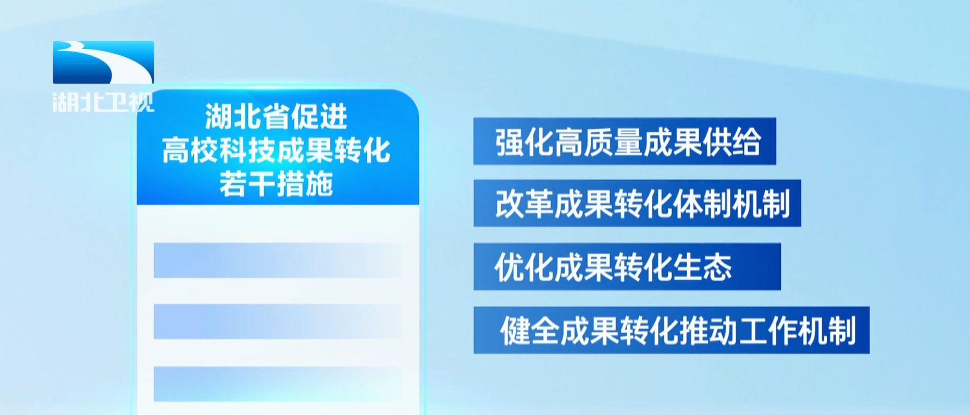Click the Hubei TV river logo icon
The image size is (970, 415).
pos(103,62)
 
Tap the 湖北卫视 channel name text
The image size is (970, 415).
pos(103,102)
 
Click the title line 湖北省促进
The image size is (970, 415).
pos(276,116)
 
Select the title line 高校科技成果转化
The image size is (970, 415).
pos(276,150)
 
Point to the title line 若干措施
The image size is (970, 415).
pos(276,184)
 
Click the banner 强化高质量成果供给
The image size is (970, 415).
pos(625,141)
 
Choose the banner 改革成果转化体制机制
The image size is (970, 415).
pos(637,203)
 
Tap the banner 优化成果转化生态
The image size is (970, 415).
pos(627,267)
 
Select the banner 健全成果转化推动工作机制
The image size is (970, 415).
pos(671,330)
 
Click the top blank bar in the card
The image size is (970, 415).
pos(278,260)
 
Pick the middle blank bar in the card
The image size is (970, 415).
pos(278,321)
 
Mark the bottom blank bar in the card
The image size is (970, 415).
pos(278,384)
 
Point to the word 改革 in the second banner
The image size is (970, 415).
pos(524,204)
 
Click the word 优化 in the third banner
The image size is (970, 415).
pos(524,267)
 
